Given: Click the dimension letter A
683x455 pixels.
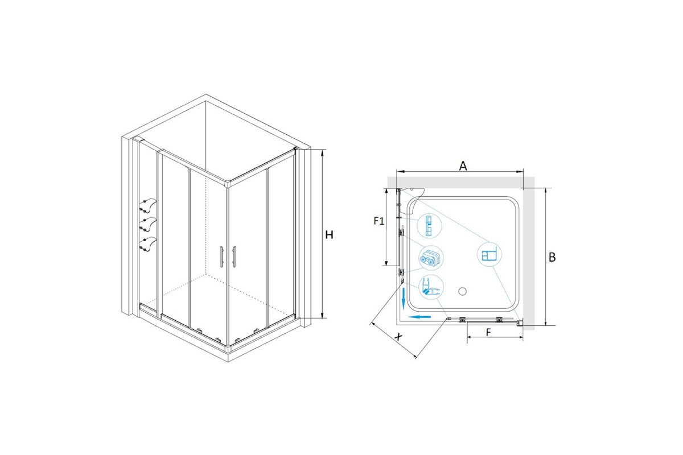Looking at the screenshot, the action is point(463,166).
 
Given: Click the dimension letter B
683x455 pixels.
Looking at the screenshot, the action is point(552,258).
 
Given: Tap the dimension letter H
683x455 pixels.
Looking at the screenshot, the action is point(329,235).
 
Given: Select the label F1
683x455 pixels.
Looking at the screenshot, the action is point(379,221).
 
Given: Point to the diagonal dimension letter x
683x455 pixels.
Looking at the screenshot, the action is point(398,337).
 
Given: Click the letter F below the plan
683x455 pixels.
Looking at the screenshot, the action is point(488,332).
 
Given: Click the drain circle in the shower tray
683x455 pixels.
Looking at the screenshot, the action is point(463,291).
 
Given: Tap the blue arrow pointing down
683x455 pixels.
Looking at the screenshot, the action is point(403,297).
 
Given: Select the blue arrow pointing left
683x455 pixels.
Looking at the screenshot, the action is point(419,317).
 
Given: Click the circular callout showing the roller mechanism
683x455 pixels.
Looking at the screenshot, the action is point(431,258).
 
